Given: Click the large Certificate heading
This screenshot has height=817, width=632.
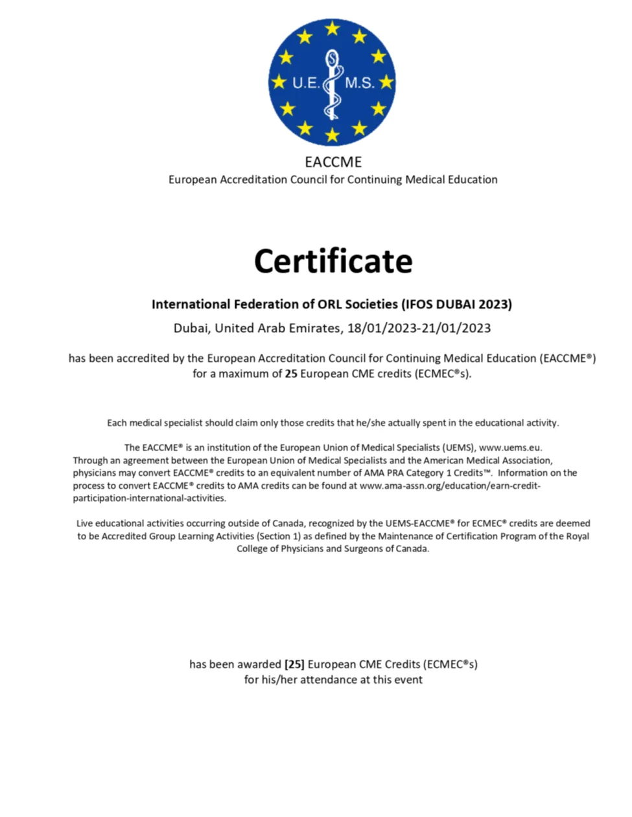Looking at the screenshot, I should (333, 261).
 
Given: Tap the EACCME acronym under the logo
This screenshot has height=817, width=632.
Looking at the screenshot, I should (333, 162).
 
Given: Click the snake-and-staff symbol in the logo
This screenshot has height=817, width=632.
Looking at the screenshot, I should (332, 84).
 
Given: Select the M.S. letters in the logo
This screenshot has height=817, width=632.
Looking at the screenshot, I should (359, 83).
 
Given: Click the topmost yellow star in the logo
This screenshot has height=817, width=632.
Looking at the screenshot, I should (333, 28).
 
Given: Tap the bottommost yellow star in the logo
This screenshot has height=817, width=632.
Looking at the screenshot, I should (333, 135).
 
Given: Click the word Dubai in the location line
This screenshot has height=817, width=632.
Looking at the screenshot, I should (191, 328).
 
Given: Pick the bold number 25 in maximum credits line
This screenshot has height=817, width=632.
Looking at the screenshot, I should (291, 374).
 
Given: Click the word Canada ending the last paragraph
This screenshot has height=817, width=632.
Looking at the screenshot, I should (412, 549).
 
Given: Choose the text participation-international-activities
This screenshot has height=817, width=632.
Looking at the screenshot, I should (149, 498).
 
